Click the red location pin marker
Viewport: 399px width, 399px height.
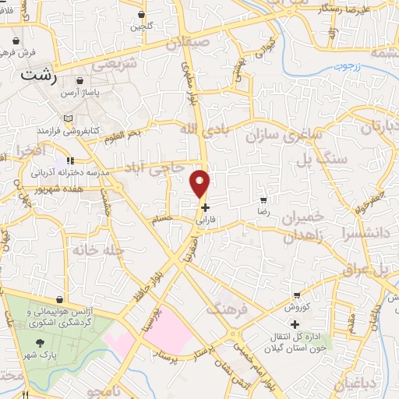coord(200,184)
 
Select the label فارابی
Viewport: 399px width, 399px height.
coord(205,221)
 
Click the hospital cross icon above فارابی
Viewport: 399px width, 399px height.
coord(205,208)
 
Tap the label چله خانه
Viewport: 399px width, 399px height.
coord(90,249)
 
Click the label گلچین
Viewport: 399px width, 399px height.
coord(141,26)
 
